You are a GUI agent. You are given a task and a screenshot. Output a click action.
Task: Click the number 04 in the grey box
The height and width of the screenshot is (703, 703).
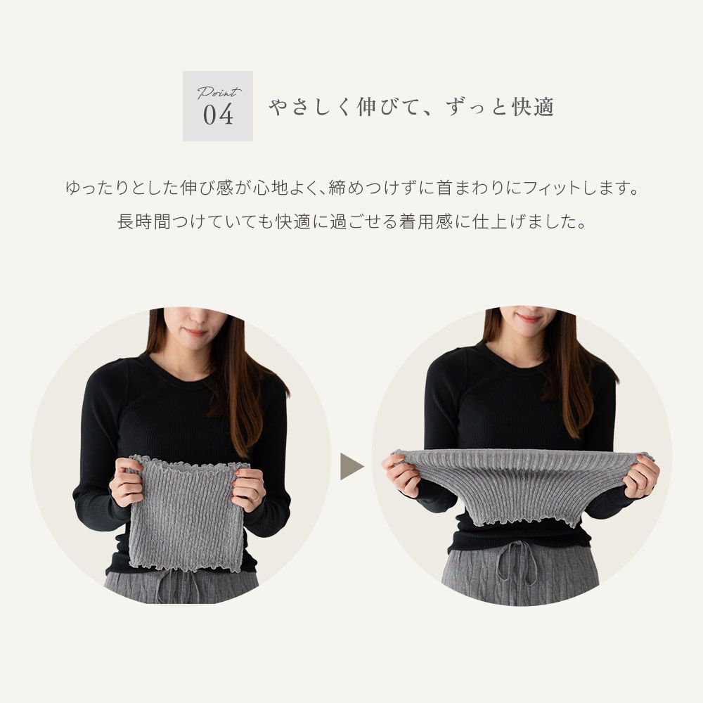pyautogui.click(x=218, y=115)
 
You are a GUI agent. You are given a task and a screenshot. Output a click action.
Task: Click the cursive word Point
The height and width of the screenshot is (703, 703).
pyautogui.click(x=219, y=92)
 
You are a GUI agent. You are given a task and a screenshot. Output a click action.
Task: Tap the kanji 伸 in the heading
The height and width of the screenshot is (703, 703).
pyautogui.click(x=366, y=107)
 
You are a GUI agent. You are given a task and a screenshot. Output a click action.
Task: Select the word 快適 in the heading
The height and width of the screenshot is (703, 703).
pyautogui.click(x=533, y=107)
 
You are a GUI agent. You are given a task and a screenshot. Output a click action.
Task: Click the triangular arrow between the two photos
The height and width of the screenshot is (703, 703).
pyautogui.click(x=351, y=467)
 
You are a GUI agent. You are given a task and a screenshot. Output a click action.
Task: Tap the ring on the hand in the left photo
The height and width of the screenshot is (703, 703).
pyautogui.click(x=255, y=496)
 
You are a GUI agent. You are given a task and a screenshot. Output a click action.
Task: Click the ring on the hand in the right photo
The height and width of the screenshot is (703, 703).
pyautogui.click(x=643, y=486)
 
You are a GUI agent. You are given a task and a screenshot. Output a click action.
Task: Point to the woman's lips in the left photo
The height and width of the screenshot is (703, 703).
pyautogui.click(x=195, y=333)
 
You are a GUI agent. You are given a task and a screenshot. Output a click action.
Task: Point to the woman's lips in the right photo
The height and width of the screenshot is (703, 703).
pyautogui.click(x=529, y=318)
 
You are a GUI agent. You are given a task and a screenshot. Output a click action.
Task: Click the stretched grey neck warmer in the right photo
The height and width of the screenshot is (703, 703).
pyautogui.click(x=521, y=484)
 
